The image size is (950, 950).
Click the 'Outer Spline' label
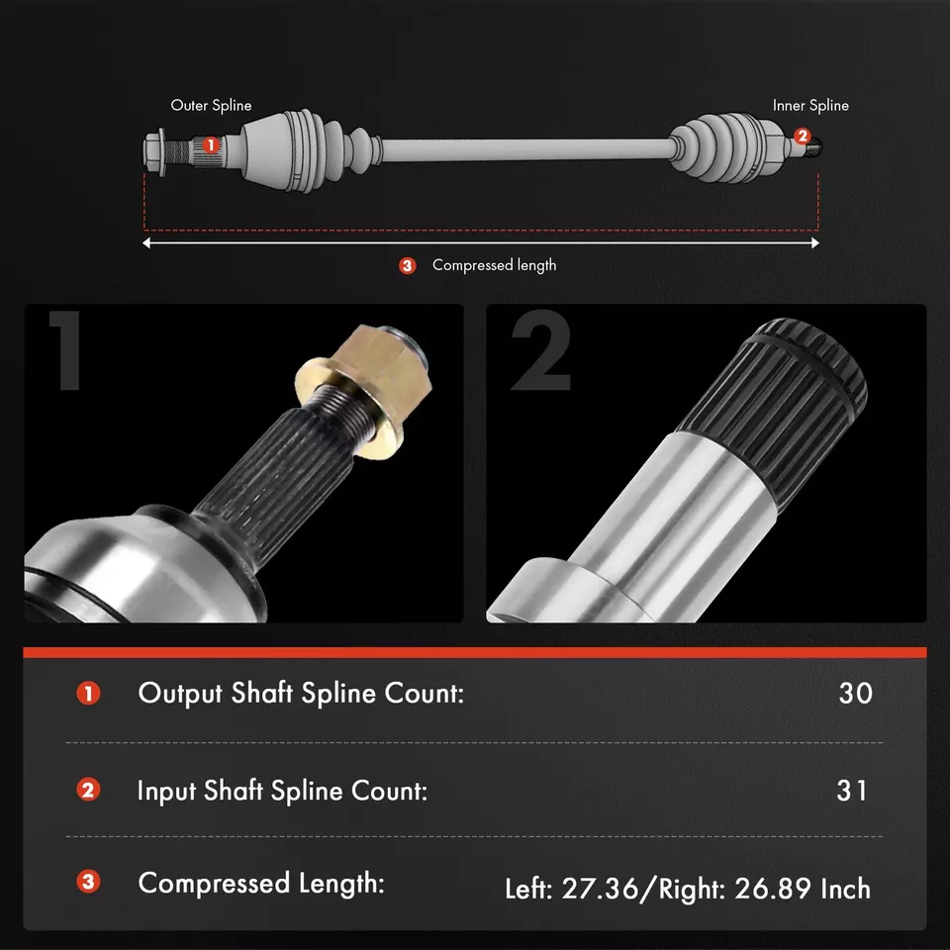(x=211, y=105)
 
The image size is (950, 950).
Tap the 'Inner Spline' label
(x=810, y=105)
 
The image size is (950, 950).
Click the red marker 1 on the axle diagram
(x=210, y=144)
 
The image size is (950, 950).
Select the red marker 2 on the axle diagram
(x=803, y=137)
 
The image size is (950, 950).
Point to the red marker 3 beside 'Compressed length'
(x=408, y=265)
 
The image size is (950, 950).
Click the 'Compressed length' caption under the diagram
(x=494, y=265)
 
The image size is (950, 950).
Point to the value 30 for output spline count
(x=855, y=693)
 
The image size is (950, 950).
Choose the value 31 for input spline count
(x=852, y=791)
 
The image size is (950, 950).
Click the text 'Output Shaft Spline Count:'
(x=301, y=693)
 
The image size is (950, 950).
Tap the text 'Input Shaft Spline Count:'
(x=282, y=791)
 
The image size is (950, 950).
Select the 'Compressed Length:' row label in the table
(x=261, y=883)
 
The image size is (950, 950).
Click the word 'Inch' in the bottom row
(x=846, y=889)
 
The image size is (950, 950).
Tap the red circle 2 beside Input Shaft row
(x=89, y=791)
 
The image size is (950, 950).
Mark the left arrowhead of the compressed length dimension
(x=148, y=242)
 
